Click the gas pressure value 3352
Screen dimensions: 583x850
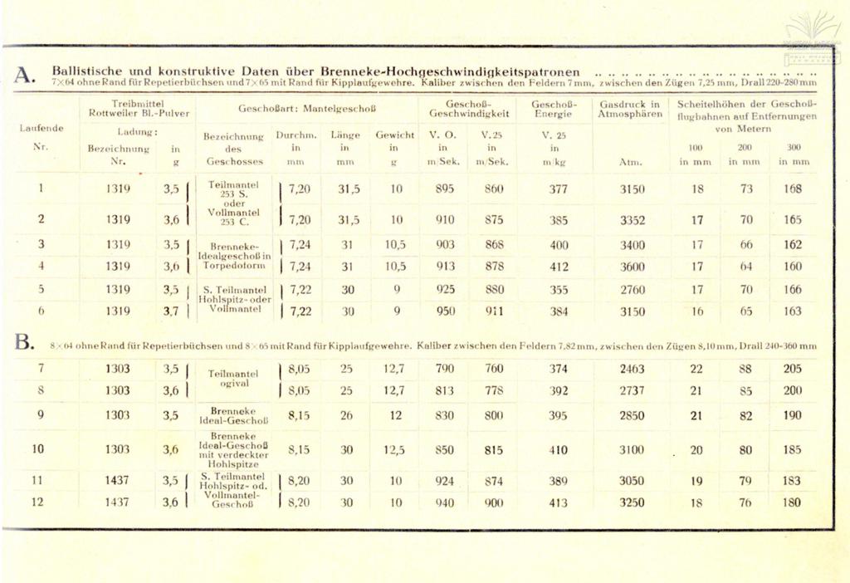632,220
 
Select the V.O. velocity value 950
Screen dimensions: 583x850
446,311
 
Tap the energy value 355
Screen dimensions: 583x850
559,291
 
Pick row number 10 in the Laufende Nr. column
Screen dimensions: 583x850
38,449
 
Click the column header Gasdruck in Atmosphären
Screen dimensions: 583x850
631,109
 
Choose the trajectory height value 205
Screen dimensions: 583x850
793,369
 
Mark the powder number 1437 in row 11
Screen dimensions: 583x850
118,480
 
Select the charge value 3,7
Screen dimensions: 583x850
171,311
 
